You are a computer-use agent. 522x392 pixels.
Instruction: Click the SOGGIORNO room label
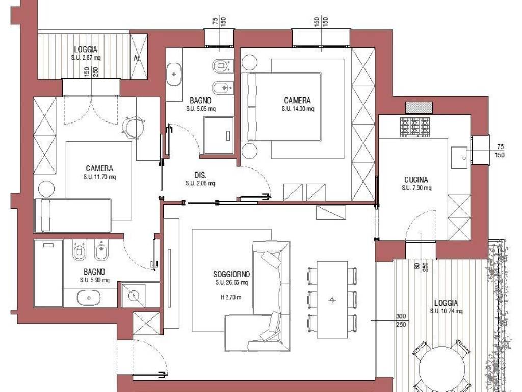click(231, 274)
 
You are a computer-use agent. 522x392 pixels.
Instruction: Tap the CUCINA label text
click(416, 180)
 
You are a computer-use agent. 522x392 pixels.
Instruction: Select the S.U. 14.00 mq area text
click(298, 109)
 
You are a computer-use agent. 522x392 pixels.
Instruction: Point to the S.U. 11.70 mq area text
click(99, 177)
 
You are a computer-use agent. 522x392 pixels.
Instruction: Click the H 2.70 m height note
click(231, 297)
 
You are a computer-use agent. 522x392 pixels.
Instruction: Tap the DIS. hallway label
click(200, 175)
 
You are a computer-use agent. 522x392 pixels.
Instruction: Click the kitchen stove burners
click(415, 127)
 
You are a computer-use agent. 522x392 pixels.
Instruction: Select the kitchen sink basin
click(459, 158)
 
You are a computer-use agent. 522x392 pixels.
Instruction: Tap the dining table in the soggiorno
click(332, 300)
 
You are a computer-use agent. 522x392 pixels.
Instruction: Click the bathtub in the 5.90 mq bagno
click(48, 273)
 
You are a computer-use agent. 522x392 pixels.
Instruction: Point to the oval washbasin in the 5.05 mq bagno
click(174, 75)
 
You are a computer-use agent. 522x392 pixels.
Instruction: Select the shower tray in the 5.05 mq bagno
click(219, 135)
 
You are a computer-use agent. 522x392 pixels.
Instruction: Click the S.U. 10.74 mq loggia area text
click(446, 311)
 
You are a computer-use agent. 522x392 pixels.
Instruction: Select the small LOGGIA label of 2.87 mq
click(86, 50)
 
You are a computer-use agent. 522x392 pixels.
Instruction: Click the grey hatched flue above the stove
click(419, 108)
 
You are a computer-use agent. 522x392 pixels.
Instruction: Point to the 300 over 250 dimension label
click(401, 321)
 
